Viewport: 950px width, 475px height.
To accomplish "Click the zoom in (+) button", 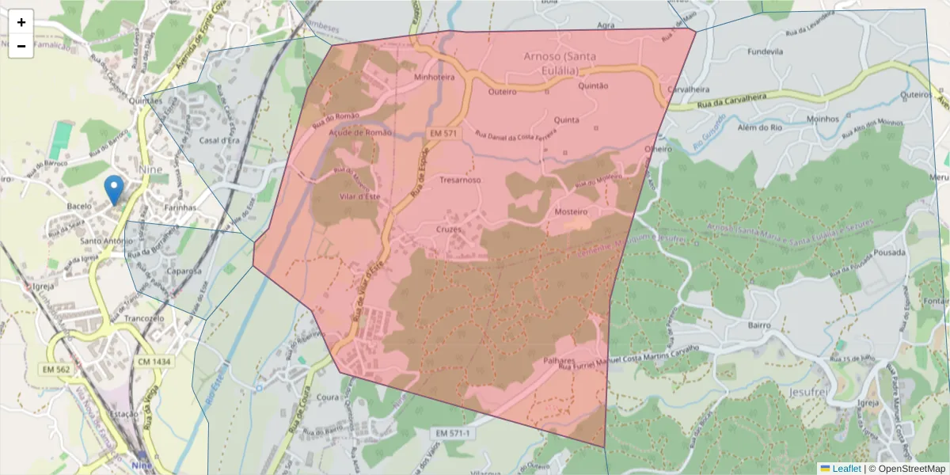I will tap(21, 22).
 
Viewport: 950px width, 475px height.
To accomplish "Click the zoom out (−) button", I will tap(21, 46).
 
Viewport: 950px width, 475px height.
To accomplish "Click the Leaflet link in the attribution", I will tap(845, 469).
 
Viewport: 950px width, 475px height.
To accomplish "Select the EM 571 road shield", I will tap(443, 134).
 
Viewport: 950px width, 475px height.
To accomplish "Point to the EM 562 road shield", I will tap(56, 369).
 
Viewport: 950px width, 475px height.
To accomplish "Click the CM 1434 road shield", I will tap(154, 362).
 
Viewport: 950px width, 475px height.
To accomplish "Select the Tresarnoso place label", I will tap(460, 180).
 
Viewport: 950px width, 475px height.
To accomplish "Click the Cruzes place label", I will tap(448, 229).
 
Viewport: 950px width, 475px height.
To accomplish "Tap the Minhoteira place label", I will tap(435, 78).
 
